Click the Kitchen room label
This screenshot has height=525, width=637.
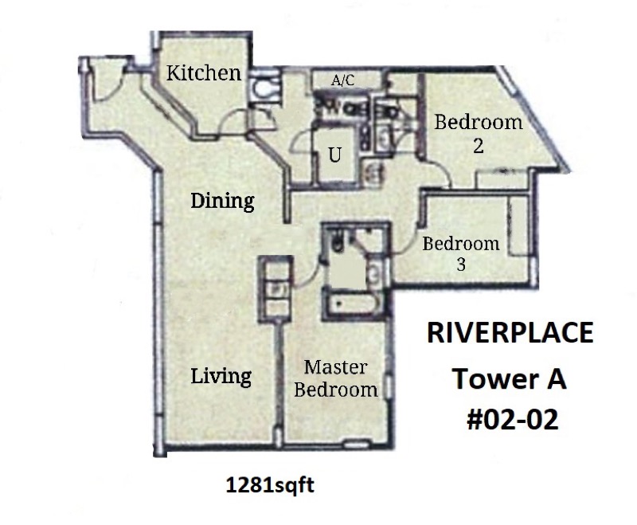[203, 73]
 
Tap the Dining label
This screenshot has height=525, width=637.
[222, 201]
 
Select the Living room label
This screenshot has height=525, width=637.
[221, 374]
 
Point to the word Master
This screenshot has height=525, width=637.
[336, 367]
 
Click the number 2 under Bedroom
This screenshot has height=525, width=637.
[478, 147]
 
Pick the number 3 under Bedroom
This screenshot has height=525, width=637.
[461, 265]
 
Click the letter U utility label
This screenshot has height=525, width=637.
[335, 155]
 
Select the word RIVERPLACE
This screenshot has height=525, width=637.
[510, 333]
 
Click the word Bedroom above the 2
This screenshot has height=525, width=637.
[478, 123]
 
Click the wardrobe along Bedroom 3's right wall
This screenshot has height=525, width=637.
[518, 227]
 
